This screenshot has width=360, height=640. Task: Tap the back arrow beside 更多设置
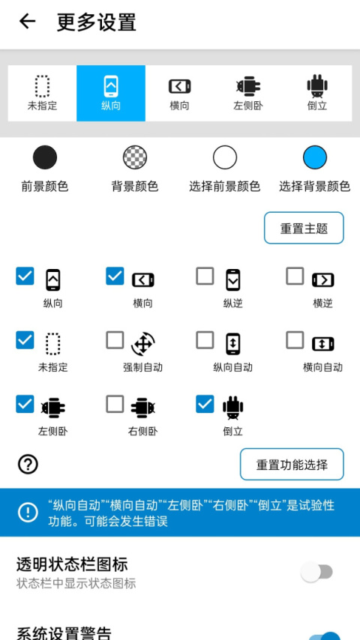27,22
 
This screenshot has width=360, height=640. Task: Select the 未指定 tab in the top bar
42,93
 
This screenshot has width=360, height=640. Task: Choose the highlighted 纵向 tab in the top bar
111,93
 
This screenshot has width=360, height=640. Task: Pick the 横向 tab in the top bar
179,93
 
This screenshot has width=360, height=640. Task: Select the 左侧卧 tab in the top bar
247,93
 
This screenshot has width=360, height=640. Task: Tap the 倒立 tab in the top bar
317,93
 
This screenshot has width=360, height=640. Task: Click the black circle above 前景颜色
45,157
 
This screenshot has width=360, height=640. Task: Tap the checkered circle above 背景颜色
135,157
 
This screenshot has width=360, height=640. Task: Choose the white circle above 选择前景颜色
225,157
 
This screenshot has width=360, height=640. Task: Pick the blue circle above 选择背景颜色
315,157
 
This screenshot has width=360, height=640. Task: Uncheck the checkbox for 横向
115,277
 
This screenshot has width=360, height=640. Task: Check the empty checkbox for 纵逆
205,277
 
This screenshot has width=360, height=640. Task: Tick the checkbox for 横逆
295,277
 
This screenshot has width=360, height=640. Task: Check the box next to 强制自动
115,340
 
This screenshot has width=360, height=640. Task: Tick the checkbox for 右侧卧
115,404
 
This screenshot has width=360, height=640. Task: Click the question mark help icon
28,465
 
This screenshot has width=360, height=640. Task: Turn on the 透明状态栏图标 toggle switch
317,573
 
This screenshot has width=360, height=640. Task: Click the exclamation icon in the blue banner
28,512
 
